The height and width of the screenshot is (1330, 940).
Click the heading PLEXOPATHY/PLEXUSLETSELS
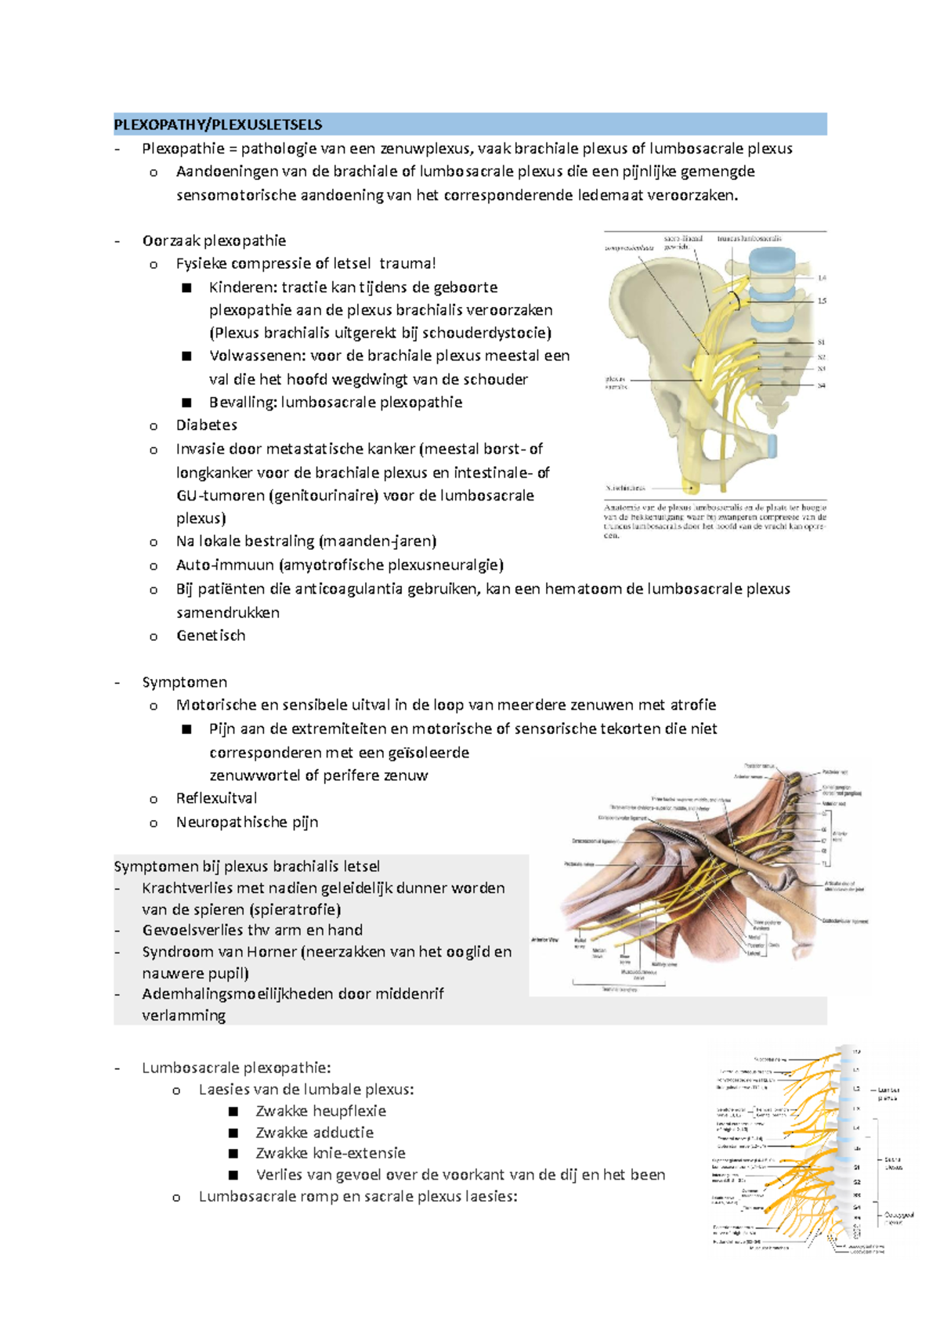[218, 125]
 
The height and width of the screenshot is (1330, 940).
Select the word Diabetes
[207, 425]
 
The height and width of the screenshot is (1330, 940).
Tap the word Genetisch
[211, 635]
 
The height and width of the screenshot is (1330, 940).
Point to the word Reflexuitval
[216, 798]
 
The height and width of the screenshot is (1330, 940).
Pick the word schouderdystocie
[486, 333]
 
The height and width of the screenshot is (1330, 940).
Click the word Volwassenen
[257, 356]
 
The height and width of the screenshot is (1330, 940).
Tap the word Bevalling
[242, 403]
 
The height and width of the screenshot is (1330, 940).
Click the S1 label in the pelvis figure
[821, 342]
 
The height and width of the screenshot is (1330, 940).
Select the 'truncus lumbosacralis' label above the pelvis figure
[750, 239]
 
